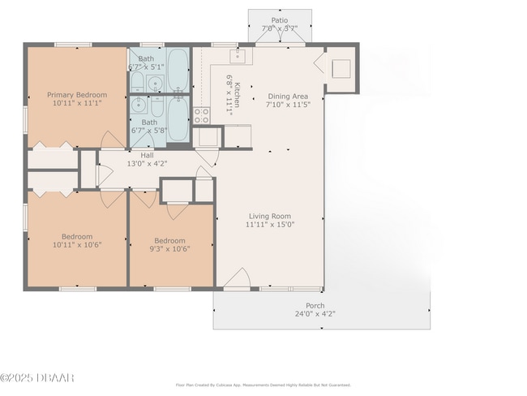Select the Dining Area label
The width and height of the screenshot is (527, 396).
[x=289, y=96]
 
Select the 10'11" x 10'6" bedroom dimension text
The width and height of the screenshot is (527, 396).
[x=76, y=245]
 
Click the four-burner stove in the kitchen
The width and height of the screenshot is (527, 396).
[x=201, y=114]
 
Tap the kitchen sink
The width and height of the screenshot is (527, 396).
[x=238, y=56]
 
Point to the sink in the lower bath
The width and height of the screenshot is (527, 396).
[x=139, y=105]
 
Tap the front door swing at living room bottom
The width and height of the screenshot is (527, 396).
[x=236, y=280]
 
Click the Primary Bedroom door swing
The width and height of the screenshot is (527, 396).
[x=111, y=140]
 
